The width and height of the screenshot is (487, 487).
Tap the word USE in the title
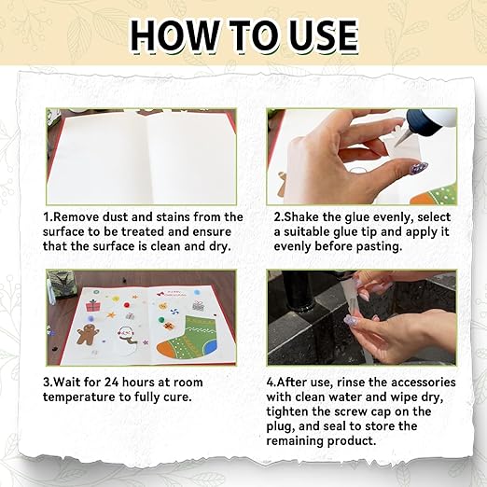coord(317,35)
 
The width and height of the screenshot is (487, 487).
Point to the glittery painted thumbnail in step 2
coord(420,169)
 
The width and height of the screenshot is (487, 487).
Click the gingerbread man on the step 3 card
coord(87,333)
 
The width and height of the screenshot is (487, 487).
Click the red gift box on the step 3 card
coord(93,305)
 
